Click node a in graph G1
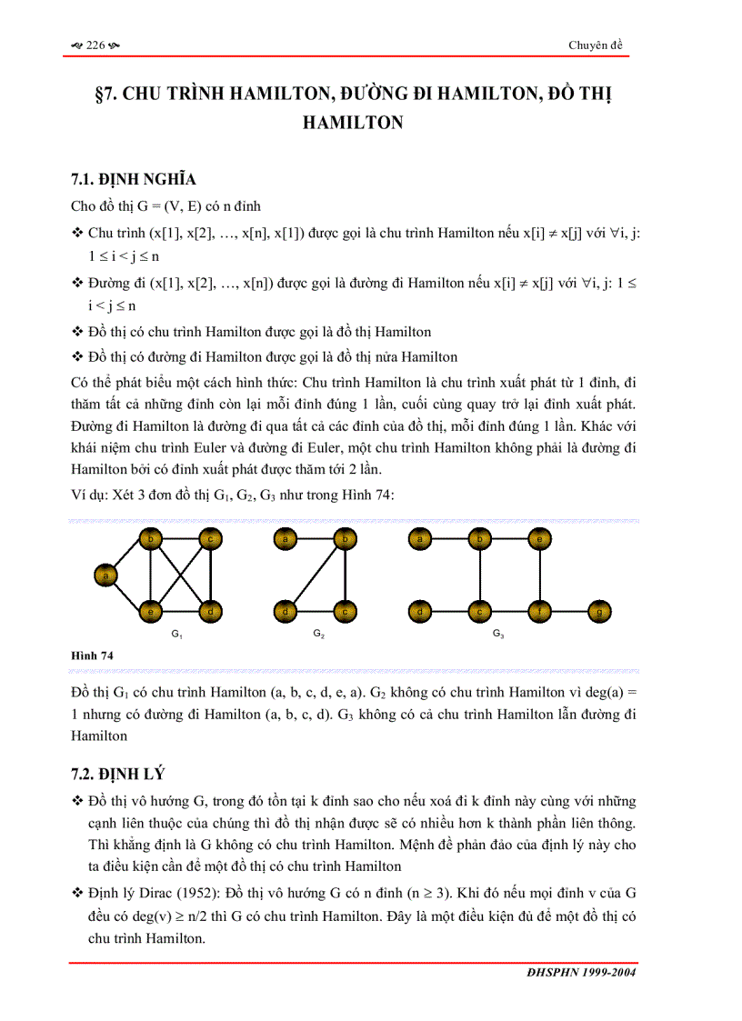tap(106, 575)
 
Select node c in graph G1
tap(211, 540)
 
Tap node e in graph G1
tap(150, 612)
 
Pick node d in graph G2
tap(286, 612)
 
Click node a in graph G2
tap(286, 540)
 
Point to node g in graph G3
tap(598, 612)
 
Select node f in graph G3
tap(539, 612)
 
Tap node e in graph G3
tap(539, 540)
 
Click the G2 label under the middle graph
tap(318, 633)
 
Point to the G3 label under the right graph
tap(498, 633)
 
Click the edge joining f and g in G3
tap(569, 612)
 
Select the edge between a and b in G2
tap(316, 540)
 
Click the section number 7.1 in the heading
tap(83, 179)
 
